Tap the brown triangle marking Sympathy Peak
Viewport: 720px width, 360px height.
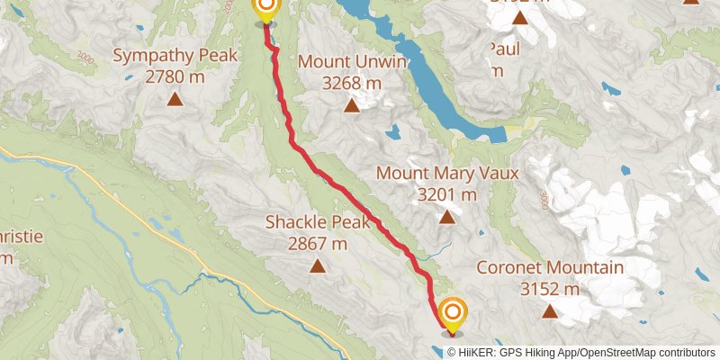[176, 98]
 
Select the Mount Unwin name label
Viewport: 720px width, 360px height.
[353, 62]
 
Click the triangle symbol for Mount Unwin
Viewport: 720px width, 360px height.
[352, 106]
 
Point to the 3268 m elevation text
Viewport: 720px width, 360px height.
[353, 84]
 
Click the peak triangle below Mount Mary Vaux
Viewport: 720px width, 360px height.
[447, 216]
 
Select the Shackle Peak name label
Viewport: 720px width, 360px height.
[317, 221]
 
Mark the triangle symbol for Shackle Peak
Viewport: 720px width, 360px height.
[318, 265]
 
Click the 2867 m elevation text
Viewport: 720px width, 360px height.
[317, 243]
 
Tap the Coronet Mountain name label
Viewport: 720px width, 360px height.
[550, 267]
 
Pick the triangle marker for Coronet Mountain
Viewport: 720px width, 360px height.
[550, 311]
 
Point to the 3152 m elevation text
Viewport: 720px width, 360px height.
[550, 289]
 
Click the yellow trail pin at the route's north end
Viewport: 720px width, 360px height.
[265, 8]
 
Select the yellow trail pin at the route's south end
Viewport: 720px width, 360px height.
[453, 314]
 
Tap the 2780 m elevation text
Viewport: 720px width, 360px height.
[176, 77]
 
